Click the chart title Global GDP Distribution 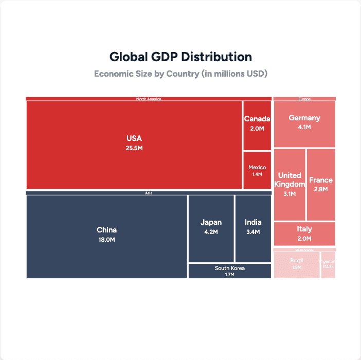click(180, 57)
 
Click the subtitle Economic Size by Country click(180, 74)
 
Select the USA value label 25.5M click(134, 148)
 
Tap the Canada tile click(257, 125)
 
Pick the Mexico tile click(257, 170)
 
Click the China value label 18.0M click(106, 240)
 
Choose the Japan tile click(211, 228)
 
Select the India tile click(253, 228)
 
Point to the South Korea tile click(229, 271)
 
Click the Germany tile click(304, 124)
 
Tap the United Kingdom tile click(290, 184)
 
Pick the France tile click(321, 184)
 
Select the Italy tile click(304, 233)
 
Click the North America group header click(149, 99)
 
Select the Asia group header click(149, 193)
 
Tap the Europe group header click(304, 99)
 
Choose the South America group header click(304, 249)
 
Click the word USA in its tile click(134, 138)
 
